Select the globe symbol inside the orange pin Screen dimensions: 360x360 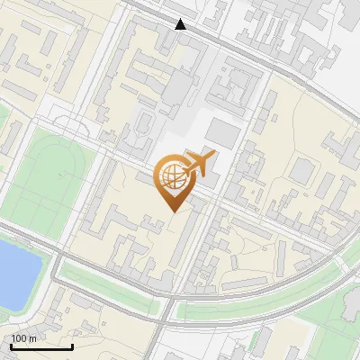172,175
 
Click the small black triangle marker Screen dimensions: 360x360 181,24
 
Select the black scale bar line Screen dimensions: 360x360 41,346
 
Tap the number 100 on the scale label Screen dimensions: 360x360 19,338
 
